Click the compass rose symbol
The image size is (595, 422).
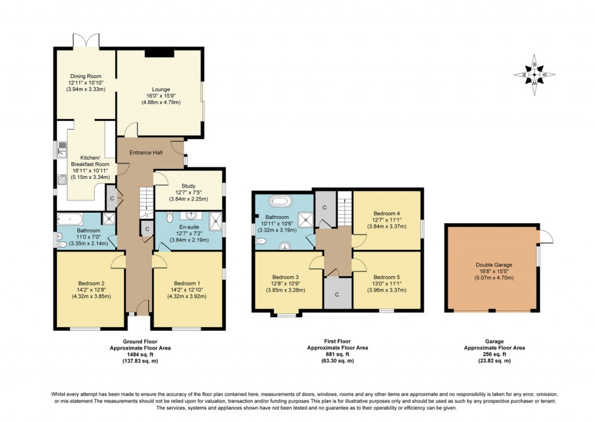point(534,74)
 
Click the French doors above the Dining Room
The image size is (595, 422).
point(86,41)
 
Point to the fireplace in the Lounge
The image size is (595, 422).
point(159,53)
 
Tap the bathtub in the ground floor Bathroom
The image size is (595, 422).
point(70,219)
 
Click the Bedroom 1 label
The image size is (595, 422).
point(187,283)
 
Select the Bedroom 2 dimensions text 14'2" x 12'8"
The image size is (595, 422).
point(90,290)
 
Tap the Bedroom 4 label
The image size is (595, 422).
point(386,213)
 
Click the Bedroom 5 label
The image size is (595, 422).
point(386,277)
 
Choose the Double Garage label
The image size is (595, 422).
point(494,264)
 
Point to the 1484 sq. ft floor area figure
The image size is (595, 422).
point(139,354)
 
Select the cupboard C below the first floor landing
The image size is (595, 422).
point(337,294)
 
